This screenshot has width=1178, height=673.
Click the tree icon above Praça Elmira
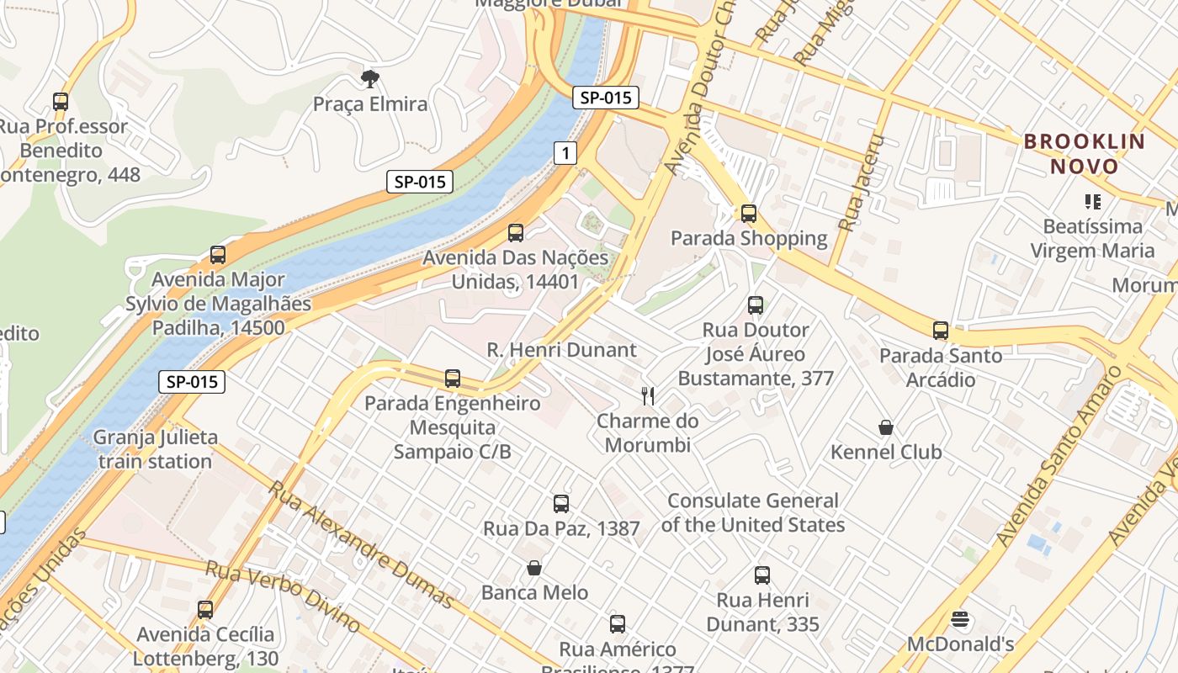369,79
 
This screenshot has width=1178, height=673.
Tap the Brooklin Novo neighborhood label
1085,154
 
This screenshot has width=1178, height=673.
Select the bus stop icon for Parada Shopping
749,214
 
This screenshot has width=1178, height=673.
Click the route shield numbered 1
566,152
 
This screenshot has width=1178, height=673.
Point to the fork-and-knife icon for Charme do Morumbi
648,396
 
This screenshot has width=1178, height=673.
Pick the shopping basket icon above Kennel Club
886,427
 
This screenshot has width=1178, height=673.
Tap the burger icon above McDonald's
961,620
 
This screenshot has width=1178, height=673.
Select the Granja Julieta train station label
155,449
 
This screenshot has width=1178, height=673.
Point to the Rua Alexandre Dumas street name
362,545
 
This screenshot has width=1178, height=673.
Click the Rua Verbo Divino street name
283,597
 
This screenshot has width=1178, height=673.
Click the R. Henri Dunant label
561,350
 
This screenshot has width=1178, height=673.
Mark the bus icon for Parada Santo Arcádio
941,331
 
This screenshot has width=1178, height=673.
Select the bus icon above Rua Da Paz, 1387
561,504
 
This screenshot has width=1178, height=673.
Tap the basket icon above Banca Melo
534,568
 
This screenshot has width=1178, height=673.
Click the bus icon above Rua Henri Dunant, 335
762,575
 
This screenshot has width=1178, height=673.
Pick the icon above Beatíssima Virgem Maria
1093,201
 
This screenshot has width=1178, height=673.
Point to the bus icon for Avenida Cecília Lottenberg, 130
205,610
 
